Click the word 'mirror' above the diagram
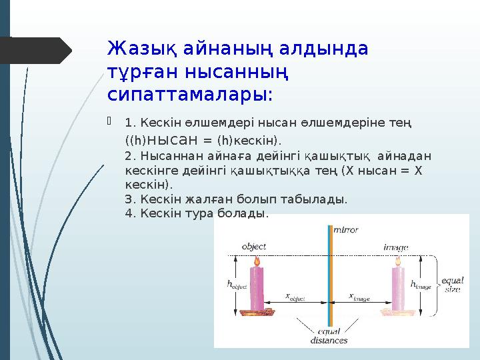[345, 230]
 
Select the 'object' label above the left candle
[254, 245]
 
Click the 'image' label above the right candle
[395, 246]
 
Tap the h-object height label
[237, 284]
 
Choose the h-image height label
[421, 285]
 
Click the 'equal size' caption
[452, 285]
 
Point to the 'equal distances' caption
[329, 335]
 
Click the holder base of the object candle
[255, 311]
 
